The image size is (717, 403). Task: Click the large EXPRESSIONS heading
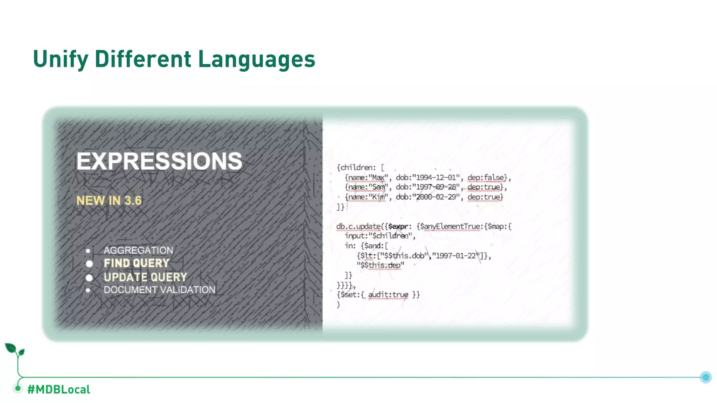159,161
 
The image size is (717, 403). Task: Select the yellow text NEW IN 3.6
109,200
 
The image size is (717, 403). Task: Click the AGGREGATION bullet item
138,250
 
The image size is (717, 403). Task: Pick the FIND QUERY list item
137,263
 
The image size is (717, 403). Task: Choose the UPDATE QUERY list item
145,277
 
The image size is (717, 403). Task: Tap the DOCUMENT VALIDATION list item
159,290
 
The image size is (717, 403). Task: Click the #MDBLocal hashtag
58,389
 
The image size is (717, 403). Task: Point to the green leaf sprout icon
15,350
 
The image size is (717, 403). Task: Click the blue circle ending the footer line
705,377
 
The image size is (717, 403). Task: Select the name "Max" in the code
378,177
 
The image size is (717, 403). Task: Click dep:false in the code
487,177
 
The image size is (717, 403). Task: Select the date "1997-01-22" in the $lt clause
456,256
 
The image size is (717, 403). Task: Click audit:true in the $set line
388,295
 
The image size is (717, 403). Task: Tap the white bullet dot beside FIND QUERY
89,263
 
